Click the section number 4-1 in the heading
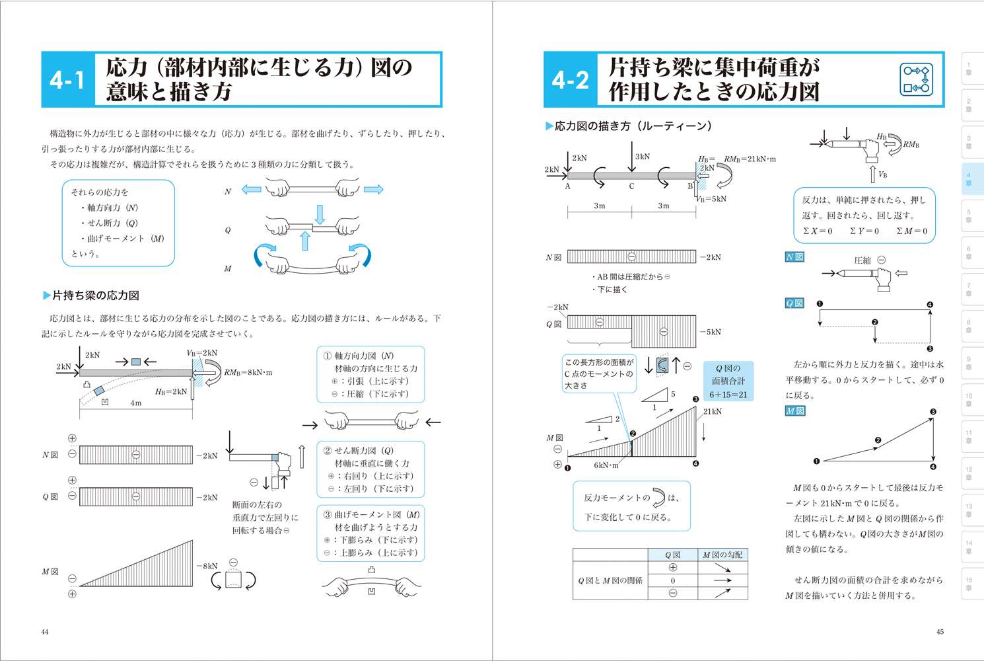coord(67,80)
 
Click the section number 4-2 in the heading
coord(570,80)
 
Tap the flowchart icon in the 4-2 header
coord(916,79)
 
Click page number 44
coord(45,632)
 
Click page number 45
coord(940,632)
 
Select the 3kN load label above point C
coord(642,157)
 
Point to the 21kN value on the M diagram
coord(712,412)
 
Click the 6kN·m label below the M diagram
coord(606,465)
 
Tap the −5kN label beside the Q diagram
coord(711,332)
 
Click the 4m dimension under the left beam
coord(135,403)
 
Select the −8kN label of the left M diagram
coord(207,566)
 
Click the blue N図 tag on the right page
coord(794,257)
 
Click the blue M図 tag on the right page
coord(795,411)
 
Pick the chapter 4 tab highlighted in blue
coord(969,179)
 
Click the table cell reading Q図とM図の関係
coord(610,580)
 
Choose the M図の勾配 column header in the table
coord(722,555)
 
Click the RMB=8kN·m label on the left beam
coord(248,373)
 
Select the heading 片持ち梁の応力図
coord(95,295)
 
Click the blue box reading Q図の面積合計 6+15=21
coord(728,381)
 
